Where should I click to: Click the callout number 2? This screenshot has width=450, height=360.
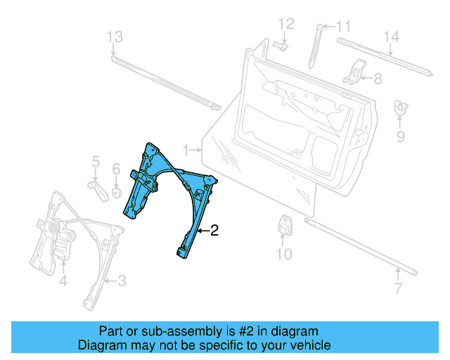pos(214,230)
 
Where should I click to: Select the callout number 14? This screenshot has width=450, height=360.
pos(391,37)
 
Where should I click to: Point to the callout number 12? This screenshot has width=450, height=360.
pos(285,24)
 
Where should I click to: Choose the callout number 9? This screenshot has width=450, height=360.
pos(400,136)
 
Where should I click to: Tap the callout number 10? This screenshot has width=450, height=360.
pos(283,254)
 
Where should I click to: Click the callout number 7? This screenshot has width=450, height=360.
pos(398,288)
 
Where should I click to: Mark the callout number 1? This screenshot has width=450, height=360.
pos(186,150)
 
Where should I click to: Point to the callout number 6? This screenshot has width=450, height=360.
pos(117,169)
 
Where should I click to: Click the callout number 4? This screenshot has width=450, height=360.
pos(63,282)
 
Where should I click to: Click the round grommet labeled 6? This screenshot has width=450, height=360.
pos(116,191)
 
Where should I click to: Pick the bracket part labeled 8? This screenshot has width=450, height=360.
pos(356,72)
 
